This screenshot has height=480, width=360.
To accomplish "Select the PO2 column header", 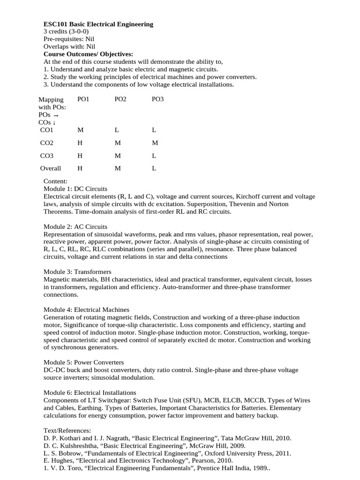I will pyautogui.click(x=120, y=99).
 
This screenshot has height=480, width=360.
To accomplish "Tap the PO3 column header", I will pyautogui.click(x=158, y=99).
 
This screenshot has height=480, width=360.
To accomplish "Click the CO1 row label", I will pyautogui.click(x=47, y=130).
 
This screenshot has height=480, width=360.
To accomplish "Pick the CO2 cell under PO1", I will pyautogui.click(x=80, y=142).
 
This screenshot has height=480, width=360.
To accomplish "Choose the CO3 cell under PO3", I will pyautogui.click(x=154, y=155).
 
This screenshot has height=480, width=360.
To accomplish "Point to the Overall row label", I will pyautogui.click(x=50, y=168).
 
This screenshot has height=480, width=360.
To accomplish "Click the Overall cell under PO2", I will pyautogui.click(x=118, y=168).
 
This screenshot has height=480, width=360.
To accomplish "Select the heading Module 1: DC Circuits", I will pyautogui.click(x=75, y=189).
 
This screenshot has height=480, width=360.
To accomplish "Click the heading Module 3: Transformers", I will pyautogui.click(x=77, y=272).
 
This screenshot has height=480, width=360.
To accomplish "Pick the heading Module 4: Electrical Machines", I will pyautogui.click(x=86, y=309).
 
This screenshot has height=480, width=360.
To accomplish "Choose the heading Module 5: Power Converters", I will pyautogui.click(x=83, y=362).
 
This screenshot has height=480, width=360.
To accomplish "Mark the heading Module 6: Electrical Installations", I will pyautogui.click(x=90, y=392).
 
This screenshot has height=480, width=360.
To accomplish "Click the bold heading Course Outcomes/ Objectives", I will pyautogui.click(x=88, y=54).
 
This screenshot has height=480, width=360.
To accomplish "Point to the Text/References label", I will pyautogui.click(x=67, y=430).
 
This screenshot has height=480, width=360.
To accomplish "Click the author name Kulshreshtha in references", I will pyautogui.click(x=79, y=446).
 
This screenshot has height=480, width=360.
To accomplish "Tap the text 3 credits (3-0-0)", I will pyautogui.click(x=66, y=31).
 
